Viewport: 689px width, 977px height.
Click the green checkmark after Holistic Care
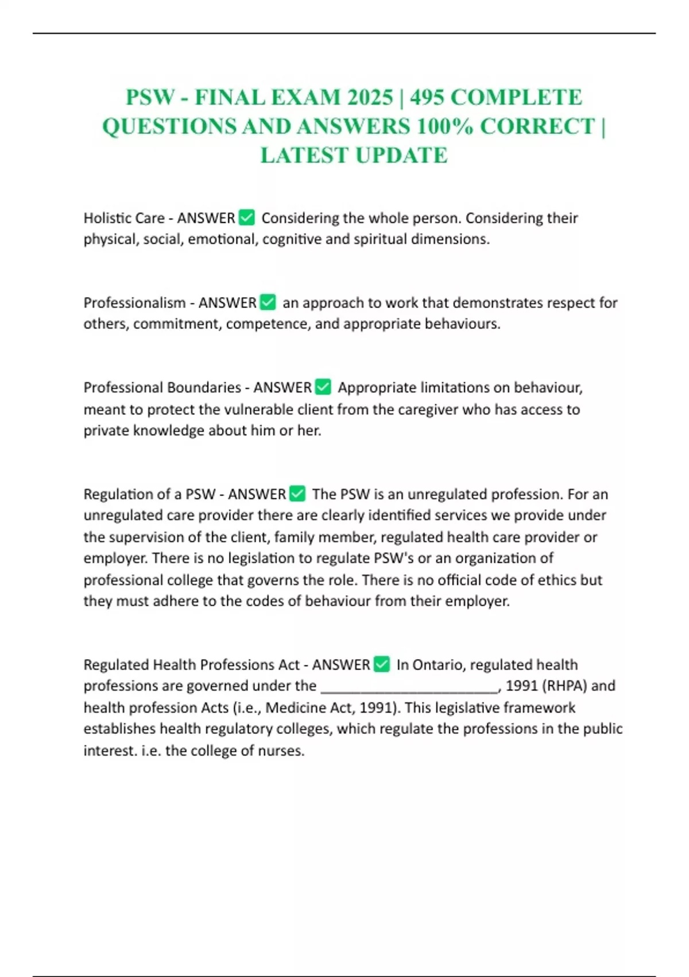click(x=246, y=218)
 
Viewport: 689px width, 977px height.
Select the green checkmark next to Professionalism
click(x=268, y=302)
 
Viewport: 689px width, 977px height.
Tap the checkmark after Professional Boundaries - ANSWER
click(x=323, y=387)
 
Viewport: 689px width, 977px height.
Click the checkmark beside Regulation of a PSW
click(x=297, y=494)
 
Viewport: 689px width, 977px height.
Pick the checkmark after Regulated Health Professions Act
click(x=382, y=664)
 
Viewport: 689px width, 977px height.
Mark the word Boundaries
click(x=204, y=387)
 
